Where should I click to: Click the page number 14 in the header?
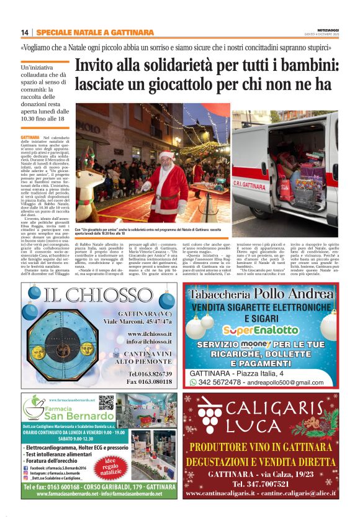tap(24, 32)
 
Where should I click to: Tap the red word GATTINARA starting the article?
tap(30, 136)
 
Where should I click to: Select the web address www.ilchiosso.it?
tap(149, 334)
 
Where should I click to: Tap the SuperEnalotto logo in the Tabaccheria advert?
tap(260, 330)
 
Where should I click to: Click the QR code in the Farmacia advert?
tap(107, 403)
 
